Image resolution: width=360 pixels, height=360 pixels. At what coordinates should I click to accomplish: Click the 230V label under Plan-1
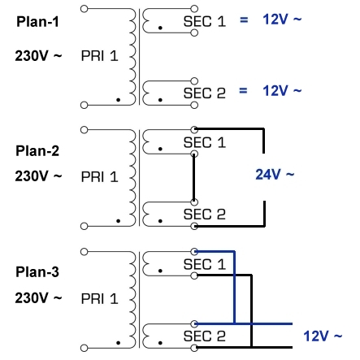[38, 57]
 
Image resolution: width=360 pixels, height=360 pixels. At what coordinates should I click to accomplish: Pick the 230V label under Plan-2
[38, 176]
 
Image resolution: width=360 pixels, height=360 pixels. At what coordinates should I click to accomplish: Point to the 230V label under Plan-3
[38, 298]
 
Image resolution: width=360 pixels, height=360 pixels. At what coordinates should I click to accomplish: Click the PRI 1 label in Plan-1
[100, 57]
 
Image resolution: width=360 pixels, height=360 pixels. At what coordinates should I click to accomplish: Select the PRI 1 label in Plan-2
[100, 176]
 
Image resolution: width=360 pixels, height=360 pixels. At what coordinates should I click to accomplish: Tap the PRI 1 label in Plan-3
[100, 298]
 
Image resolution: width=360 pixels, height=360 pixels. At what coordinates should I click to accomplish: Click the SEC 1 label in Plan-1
[203, 22]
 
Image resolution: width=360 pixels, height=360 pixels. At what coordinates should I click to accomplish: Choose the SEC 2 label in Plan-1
[203, 93]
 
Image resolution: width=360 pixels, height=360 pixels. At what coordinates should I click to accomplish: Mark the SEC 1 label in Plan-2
[203, 144]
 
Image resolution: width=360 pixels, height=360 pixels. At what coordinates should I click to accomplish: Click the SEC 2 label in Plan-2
[203, 215]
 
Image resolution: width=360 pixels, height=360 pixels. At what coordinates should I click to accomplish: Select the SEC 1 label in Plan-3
[203, 266]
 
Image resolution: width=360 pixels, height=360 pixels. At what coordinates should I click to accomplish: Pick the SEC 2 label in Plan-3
[203, 336]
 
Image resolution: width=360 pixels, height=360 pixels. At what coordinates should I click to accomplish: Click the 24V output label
[275, 174]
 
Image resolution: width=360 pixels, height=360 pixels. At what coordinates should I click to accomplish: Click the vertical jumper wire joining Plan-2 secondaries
[193, 180]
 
